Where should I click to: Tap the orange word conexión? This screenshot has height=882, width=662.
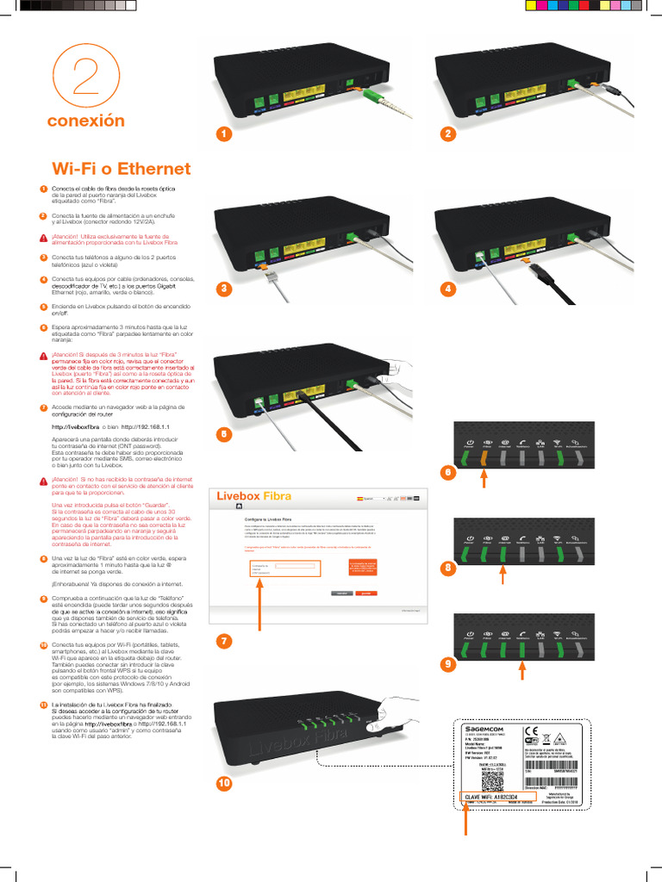[x=85, y=121]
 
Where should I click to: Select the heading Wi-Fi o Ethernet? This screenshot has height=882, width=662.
[x=122, y=168]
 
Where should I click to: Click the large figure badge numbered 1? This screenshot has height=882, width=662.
[x=223, y=134]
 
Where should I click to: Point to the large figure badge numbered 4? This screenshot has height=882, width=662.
[x=447, y=289]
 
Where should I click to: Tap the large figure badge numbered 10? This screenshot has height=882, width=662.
[x=224, y=783]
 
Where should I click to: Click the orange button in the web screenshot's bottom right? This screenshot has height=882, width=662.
[x=366, y=593]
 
